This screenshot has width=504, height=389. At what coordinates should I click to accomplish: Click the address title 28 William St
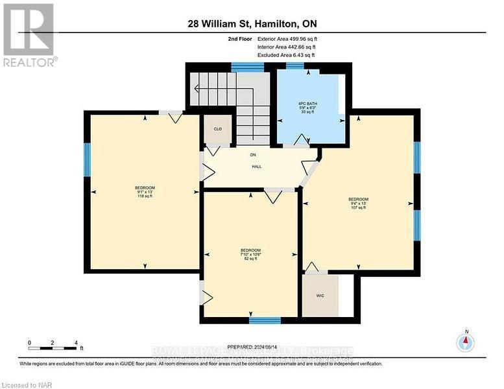point(252,25)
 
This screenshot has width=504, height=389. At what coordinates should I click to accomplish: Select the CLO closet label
point(218,129)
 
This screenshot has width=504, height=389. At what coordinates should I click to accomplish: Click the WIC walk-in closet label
point(320,296)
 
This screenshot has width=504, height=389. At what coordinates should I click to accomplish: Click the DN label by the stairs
point(254,154)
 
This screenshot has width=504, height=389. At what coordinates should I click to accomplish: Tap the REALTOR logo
point(29,35)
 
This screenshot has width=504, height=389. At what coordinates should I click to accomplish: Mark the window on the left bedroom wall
point(86,159)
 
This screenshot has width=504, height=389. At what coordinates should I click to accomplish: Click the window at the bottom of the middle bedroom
point(265,320)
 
